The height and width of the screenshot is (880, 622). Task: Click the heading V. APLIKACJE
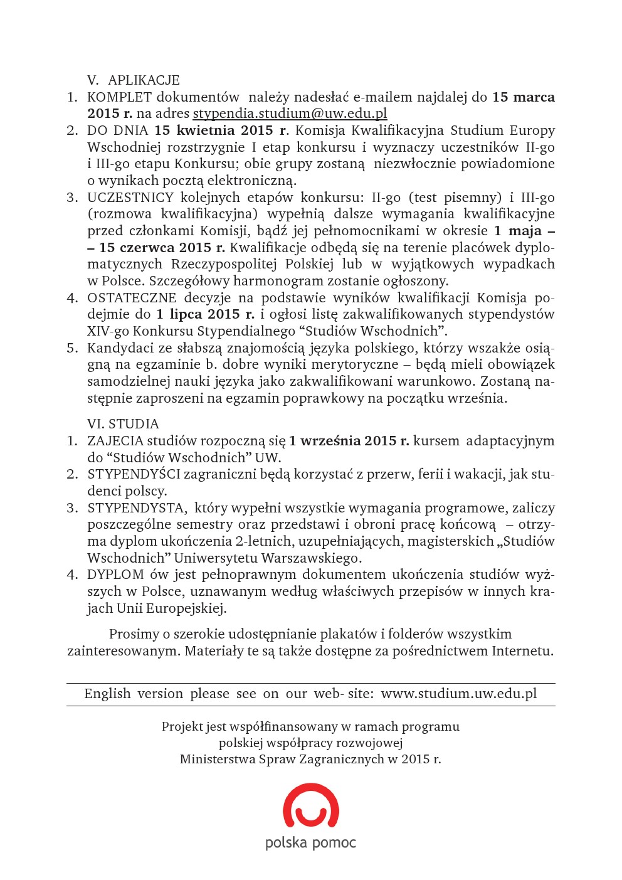[x=134, y=80]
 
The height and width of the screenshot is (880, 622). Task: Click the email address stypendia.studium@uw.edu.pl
[x=290, y=114]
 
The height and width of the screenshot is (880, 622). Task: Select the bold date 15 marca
[x=524, y=97]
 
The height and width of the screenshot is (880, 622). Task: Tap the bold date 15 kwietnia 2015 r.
[x=221, y=130]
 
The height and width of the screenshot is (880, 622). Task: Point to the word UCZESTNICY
[x=130, y=198]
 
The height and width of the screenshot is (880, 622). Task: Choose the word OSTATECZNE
[x=132, y=298]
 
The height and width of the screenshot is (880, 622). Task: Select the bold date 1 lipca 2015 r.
[x=205, y=314]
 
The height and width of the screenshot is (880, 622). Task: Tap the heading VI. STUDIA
[x=123, y=424]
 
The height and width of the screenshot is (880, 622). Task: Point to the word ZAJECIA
[x=115, y=441]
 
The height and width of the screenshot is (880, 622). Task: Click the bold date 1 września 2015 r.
[x=349, y=441]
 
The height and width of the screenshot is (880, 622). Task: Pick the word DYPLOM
[x=115, y=575]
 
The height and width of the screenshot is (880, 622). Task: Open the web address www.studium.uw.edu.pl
[x=459, y=694]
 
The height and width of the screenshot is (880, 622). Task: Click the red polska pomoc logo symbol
[x=311, y=805]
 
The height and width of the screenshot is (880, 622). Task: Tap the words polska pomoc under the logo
[x=310, y=842]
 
